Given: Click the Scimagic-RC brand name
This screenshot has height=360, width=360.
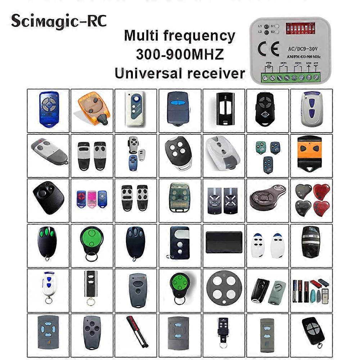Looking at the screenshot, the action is click(59, 21).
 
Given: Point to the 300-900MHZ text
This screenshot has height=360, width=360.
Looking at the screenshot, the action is click(180, 54).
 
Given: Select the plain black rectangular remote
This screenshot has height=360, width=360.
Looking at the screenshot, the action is click(224, 241).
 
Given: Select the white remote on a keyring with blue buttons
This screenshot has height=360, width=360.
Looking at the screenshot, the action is click(48, 288).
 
